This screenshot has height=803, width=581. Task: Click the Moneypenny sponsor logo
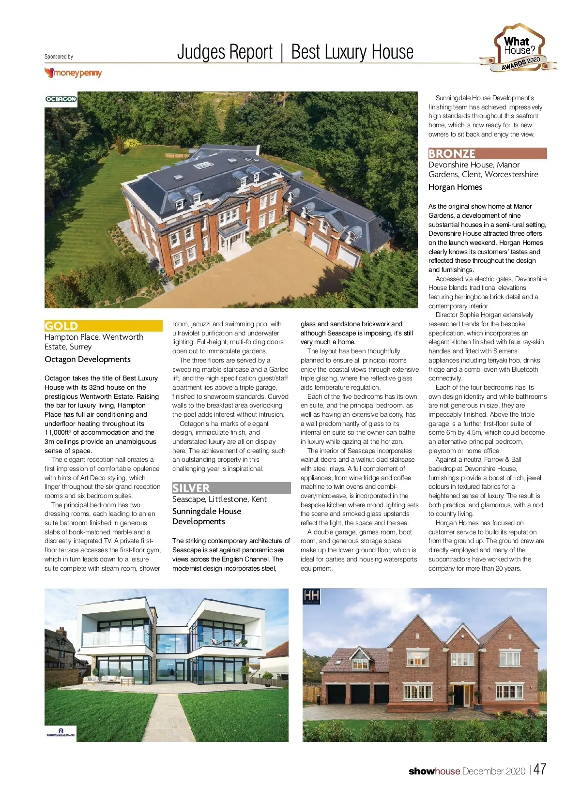73,73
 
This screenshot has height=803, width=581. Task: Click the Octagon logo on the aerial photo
61,99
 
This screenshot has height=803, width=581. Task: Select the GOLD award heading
61,326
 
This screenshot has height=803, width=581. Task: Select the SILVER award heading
191,488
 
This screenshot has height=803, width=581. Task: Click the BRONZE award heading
452,153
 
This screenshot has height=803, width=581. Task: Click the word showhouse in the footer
434,771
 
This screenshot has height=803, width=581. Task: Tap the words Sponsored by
59,57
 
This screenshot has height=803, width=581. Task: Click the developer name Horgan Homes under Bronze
455,187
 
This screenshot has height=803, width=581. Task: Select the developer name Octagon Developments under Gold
88,359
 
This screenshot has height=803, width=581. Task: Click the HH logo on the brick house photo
311,596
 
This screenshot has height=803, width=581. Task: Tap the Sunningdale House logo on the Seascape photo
61,732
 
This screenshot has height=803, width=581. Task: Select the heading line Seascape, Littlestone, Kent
219,499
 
